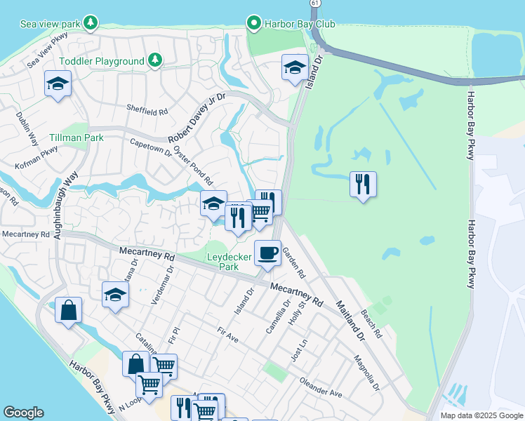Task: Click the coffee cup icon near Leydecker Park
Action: [x=267, y=253]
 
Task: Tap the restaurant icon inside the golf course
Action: [x=363, y=185]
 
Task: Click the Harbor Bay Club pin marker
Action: [x=254, y=24]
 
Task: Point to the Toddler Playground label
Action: [x=102, y=61]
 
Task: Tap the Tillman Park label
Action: [x=77, y=138]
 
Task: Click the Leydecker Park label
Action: [x=230, y=262]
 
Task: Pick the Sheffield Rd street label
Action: [x=147, y=111]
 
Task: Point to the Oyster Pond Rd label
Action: [x=193, y=166]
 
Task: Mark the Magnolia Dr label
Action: [x=367, y=375]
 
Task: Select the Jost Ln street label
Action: [x=299, y=350]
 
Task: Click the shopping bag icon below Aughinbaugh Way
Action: [x=68, y=310]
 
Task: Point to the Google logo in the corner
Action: [x=24, y=413]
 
